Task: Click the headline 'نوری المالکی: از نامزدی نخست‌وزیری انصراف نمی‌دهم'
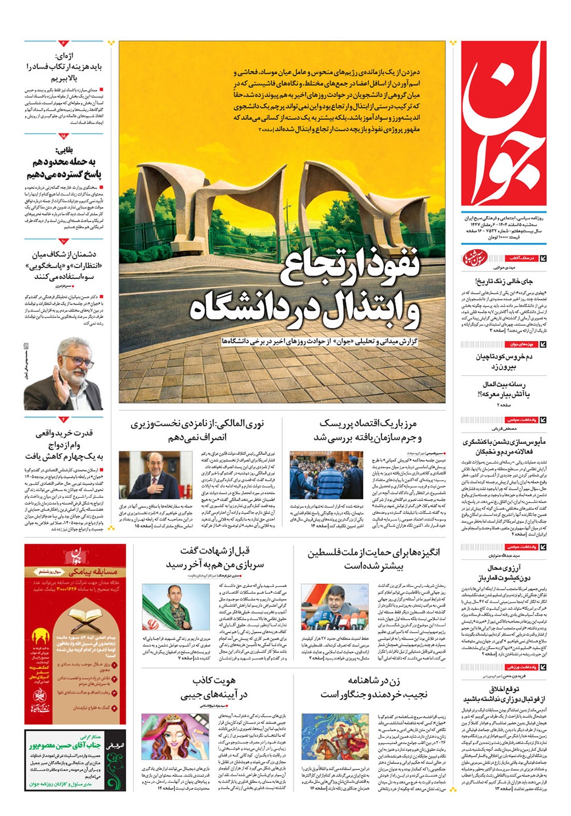pyautogui.click(x=197, y=430)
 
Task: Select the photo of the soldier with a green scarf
pyautogui.click(x=167, y=607)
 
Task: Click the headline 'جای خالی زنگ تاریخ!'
pyautogui.click(x=504, y=281)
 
